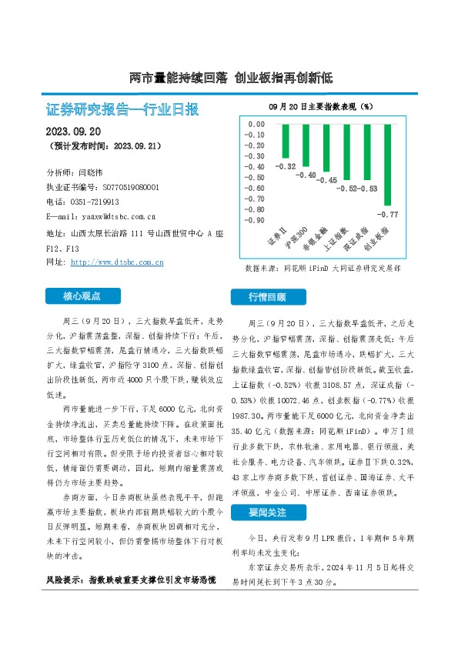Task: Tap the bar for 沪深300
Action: pyautogui.click(x=306, y=145)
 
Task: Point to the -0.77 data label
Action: pyautogui.click(x=392, y=214)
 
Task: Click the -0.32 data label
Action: pyautogui.click(x=286, y=166)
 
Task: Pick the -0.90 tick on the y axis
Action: pyautogui.click(x=256, y=220)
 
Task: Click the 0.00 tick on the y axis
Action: pyautogui.click(x=256, y=124)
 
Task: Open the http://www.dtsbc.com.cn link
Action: pyautogui.click(x=117, y=262)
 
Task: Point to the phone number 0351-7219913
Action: pyautogui.click(x=93, y=202)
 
